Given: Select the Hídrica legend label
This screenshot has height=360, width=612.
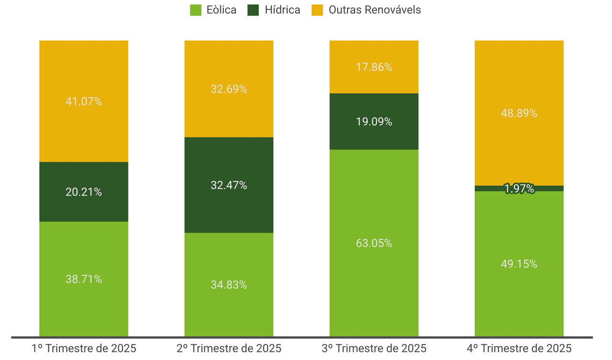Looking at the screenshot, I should click(x=283, y=10).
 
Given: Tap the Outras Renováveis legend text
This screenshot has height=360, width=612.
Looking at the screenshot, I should click(x=374, y=10).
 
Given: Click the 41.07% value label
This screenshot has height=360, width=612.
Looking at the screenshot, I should click(x=84, y=101).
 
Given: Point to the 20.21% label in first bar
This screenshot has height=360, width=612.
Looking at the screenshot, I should click(x=84, y=192).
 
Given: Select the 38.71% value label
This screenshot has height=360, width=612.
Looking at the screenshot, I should click(x=84, y=279).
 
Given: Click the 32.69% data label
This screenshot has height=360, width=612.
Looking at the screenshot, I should click(x=229, y=89).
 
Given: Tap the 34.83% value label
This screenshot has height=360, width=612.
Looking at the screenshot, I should click(x=229, y=285).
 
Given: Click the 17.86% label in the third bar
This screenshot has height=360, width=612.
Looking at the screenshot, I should click(x=374, y=67).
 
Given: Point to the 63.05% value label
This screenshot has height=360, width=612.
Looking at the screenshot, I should click(x=374, y=243).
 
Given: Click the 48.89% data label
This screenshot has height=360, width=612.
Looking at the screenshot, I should click(x=519, y=113).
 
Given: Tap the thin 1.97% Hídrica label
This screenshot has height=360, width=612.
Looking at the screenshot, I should click(x=519, y=189).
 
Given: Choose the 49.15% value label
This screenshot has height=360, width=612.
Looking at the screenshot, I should click(x=519, y=264).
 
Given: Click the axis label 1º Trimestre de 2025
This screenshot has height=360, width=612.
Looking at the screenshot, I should click(x=84, y=348).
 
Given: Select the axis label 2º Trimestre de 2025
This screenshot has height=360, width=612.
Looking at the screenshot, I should click(x=229, y=348).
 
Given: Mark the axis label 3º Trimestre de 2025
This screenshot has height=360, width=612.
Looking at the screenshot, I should click(x=374, y=348).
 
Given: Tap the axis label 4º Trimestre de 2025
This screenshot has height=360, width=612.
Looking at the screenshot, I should click(x=519, y=348).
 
